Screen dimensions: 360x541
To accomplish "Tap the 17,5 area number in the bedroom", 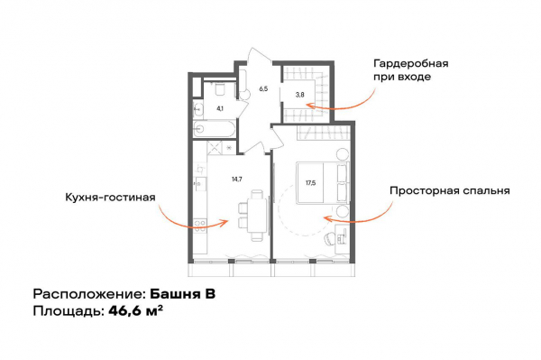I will [x=310, y=183].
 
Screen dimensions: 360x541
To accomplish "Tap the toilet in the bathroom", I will [x=219, y=88].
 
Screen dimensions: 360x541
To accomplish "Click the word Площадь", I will [x=67, y=311].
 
